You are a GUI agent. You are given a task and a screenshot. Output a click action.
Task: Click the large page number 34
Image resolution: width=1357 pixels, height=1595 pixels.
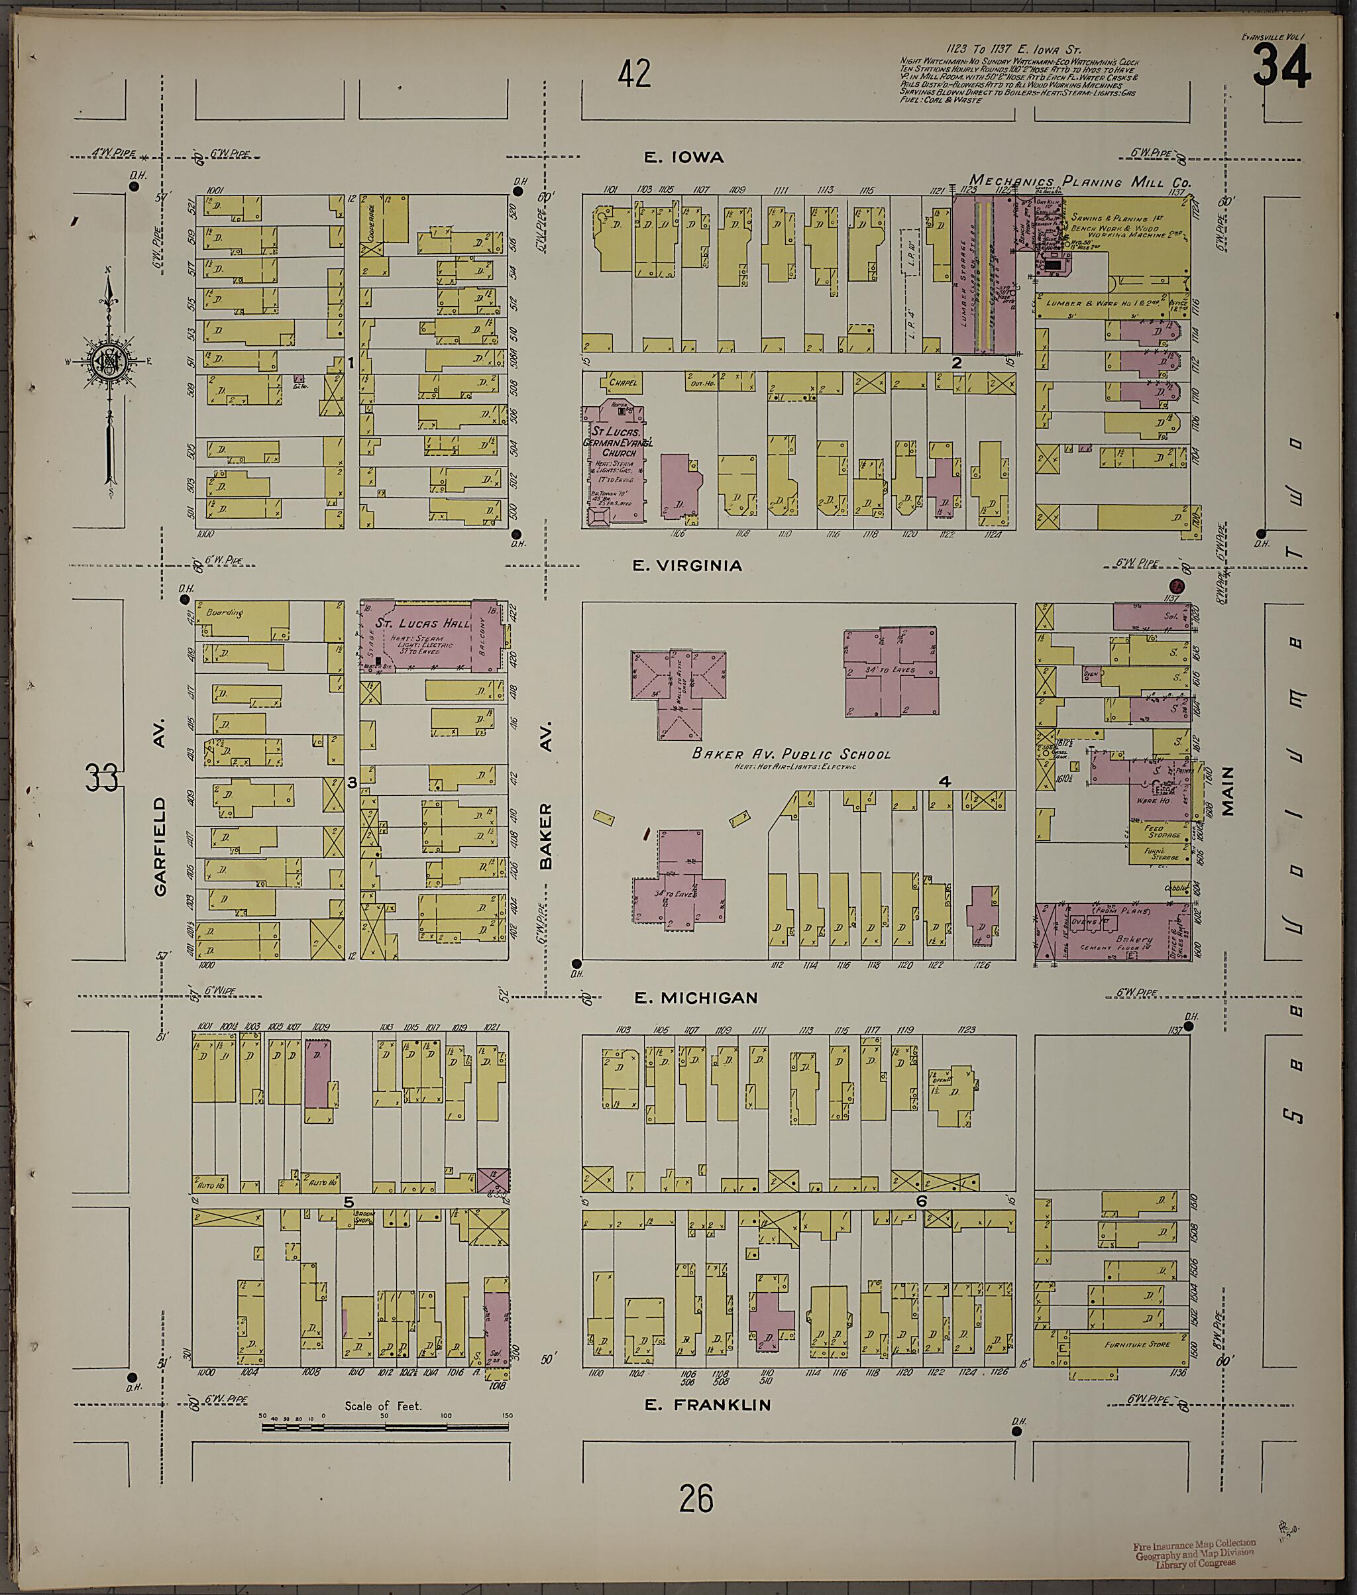[x=1281, y=67]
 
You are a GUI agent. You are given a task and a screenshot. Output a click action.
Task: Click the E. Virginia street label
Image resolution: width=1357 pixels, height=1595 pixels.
[x=687, y=565]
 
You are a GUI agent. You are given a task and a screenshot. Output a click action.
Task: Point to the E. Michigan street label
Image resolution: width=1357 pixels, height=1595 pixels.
[x=696, y=998]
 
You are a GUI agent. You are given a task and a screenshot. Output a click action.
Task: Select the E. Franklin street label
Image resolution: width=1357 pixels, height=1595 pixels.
[x=707, y=1405]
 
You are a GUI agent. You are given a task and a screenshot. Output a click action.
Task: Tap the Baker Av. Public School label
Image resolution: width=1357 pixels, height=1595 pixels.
[x=791, y=753]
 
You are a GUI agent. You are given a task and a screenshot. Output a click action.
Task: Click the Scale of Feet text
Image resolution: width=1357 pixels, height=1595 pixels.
[x=382, y=1405]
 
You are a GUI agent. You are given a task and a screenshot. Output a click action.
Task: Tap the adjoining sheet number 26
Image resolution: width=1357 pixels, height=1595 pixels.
[x=696, y=1499]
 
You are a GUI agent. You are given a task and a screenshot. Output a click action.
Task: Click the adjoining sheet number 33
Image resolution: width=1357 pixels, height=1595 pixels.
[x=101, y=778]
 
